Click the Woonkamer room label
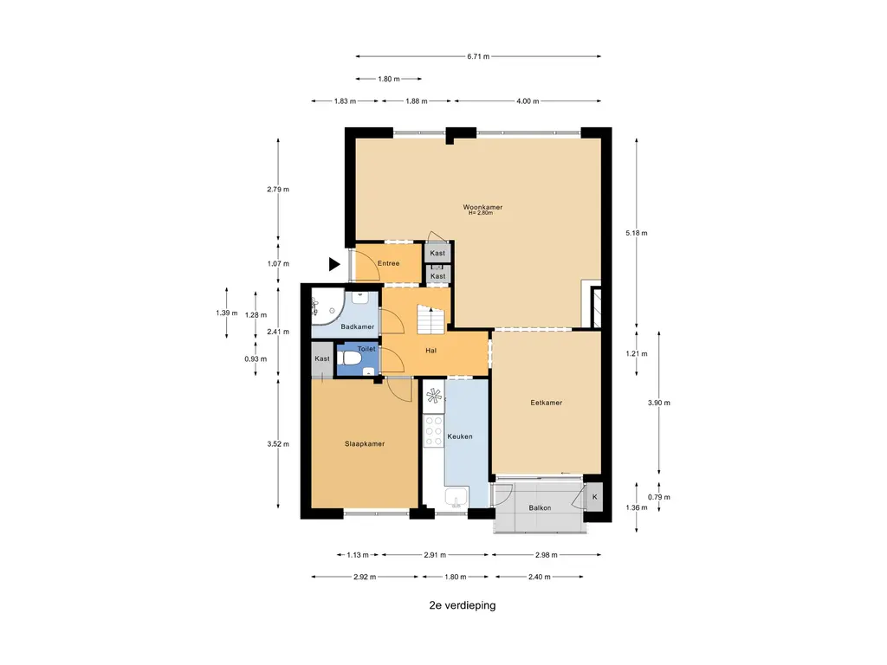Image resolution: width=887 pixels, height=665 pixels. tap(482, 207)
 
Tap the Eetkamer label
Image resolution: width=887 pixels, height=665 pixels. tap(547, 403)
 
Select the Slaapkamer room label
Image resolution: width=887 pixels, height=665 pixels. tap(365, 444)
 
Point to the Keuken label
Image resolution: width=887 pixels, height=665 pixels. tap(460, 436)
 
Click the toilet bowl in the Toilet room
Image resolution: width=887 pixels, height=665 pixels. tap(352, 358)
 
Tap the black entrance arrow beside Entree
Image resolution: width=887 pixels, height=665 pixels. tap(334, 264)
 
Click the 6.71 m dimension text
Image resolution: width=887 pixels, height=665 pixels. tap(478, 56)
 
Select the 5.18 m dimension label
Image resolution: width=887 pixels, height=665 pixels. tap(637, 233)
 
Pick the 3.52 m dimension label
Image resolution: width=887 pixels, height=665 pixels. tap(278, 444)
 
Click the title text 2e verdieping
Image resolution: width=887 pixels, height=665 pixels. tap(463, 605)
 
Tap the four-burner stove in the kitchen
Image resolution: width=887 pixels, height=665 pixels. tap(434, 431)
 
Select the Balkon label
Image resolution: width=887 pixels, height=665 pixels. tap(540, 507)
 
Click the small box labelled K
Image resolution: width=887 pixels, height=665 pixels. tap(594, 497)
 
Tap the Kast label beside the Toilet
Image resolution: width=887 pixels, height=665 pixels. tap(322, 358)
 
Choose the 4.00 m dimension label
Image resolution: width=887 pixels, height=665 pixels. tap(528, 101)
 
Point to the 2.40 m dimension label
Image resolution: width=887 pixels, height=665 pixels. tap(539, 577)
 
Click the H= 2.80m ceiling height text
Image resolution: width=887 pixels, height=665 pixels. tap(481, 213)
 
